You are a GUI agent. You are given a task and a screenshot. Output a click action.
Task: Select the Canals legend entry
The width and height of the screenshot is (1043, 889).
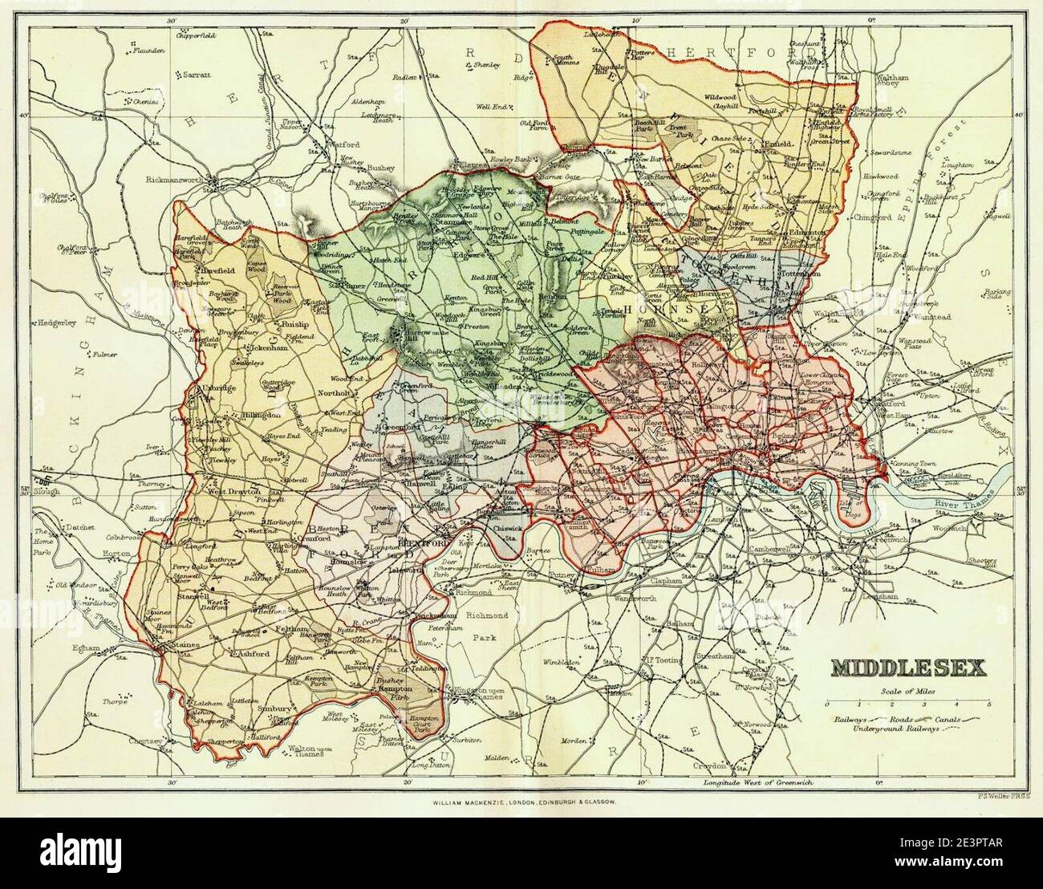pyautogui.click(x=959, y=720)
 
